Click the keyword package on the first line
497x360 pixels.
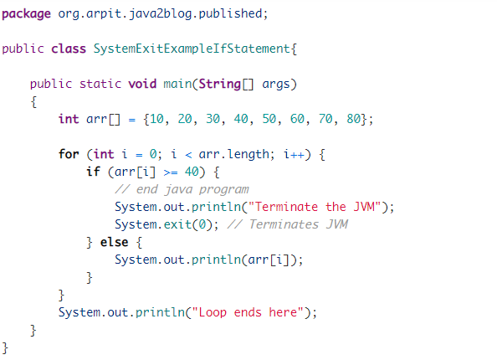tap(26, 14)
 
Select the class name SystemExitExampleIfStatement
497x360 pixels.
tap(192, 49)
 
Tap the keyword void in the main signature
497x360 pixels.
tap(142, 84)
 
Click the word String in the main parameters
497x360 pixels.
tap(220, 85)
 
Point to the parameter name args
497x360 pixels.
tap(276, 85)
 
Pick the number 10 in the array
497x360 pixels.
tap(157, 119)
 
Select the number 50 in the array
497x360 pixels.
tap(269, 119)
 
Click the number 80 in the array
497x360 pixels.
tap(353, 119)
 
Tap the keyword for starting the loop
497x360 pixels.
tap(69, 154)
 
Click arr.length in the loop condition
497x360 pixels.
tap(233, 155)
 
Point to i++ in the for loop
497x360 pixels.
tap(294, 154)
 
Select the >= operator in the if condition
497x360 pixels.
tap(171, 172)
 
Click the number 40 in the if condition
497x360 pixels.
tap(192, 172)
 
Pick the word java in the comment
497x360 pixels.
tap(178, 190)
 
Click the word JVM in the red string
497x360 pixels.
tap(364, 207)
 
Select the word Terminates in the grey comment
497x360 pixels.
tap(284, 224)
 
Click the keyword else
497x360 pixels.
tap(114, 242)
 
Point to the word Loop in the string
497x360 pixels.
tap(213, 313)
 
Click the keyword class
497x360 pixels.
tap(69, 49)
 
